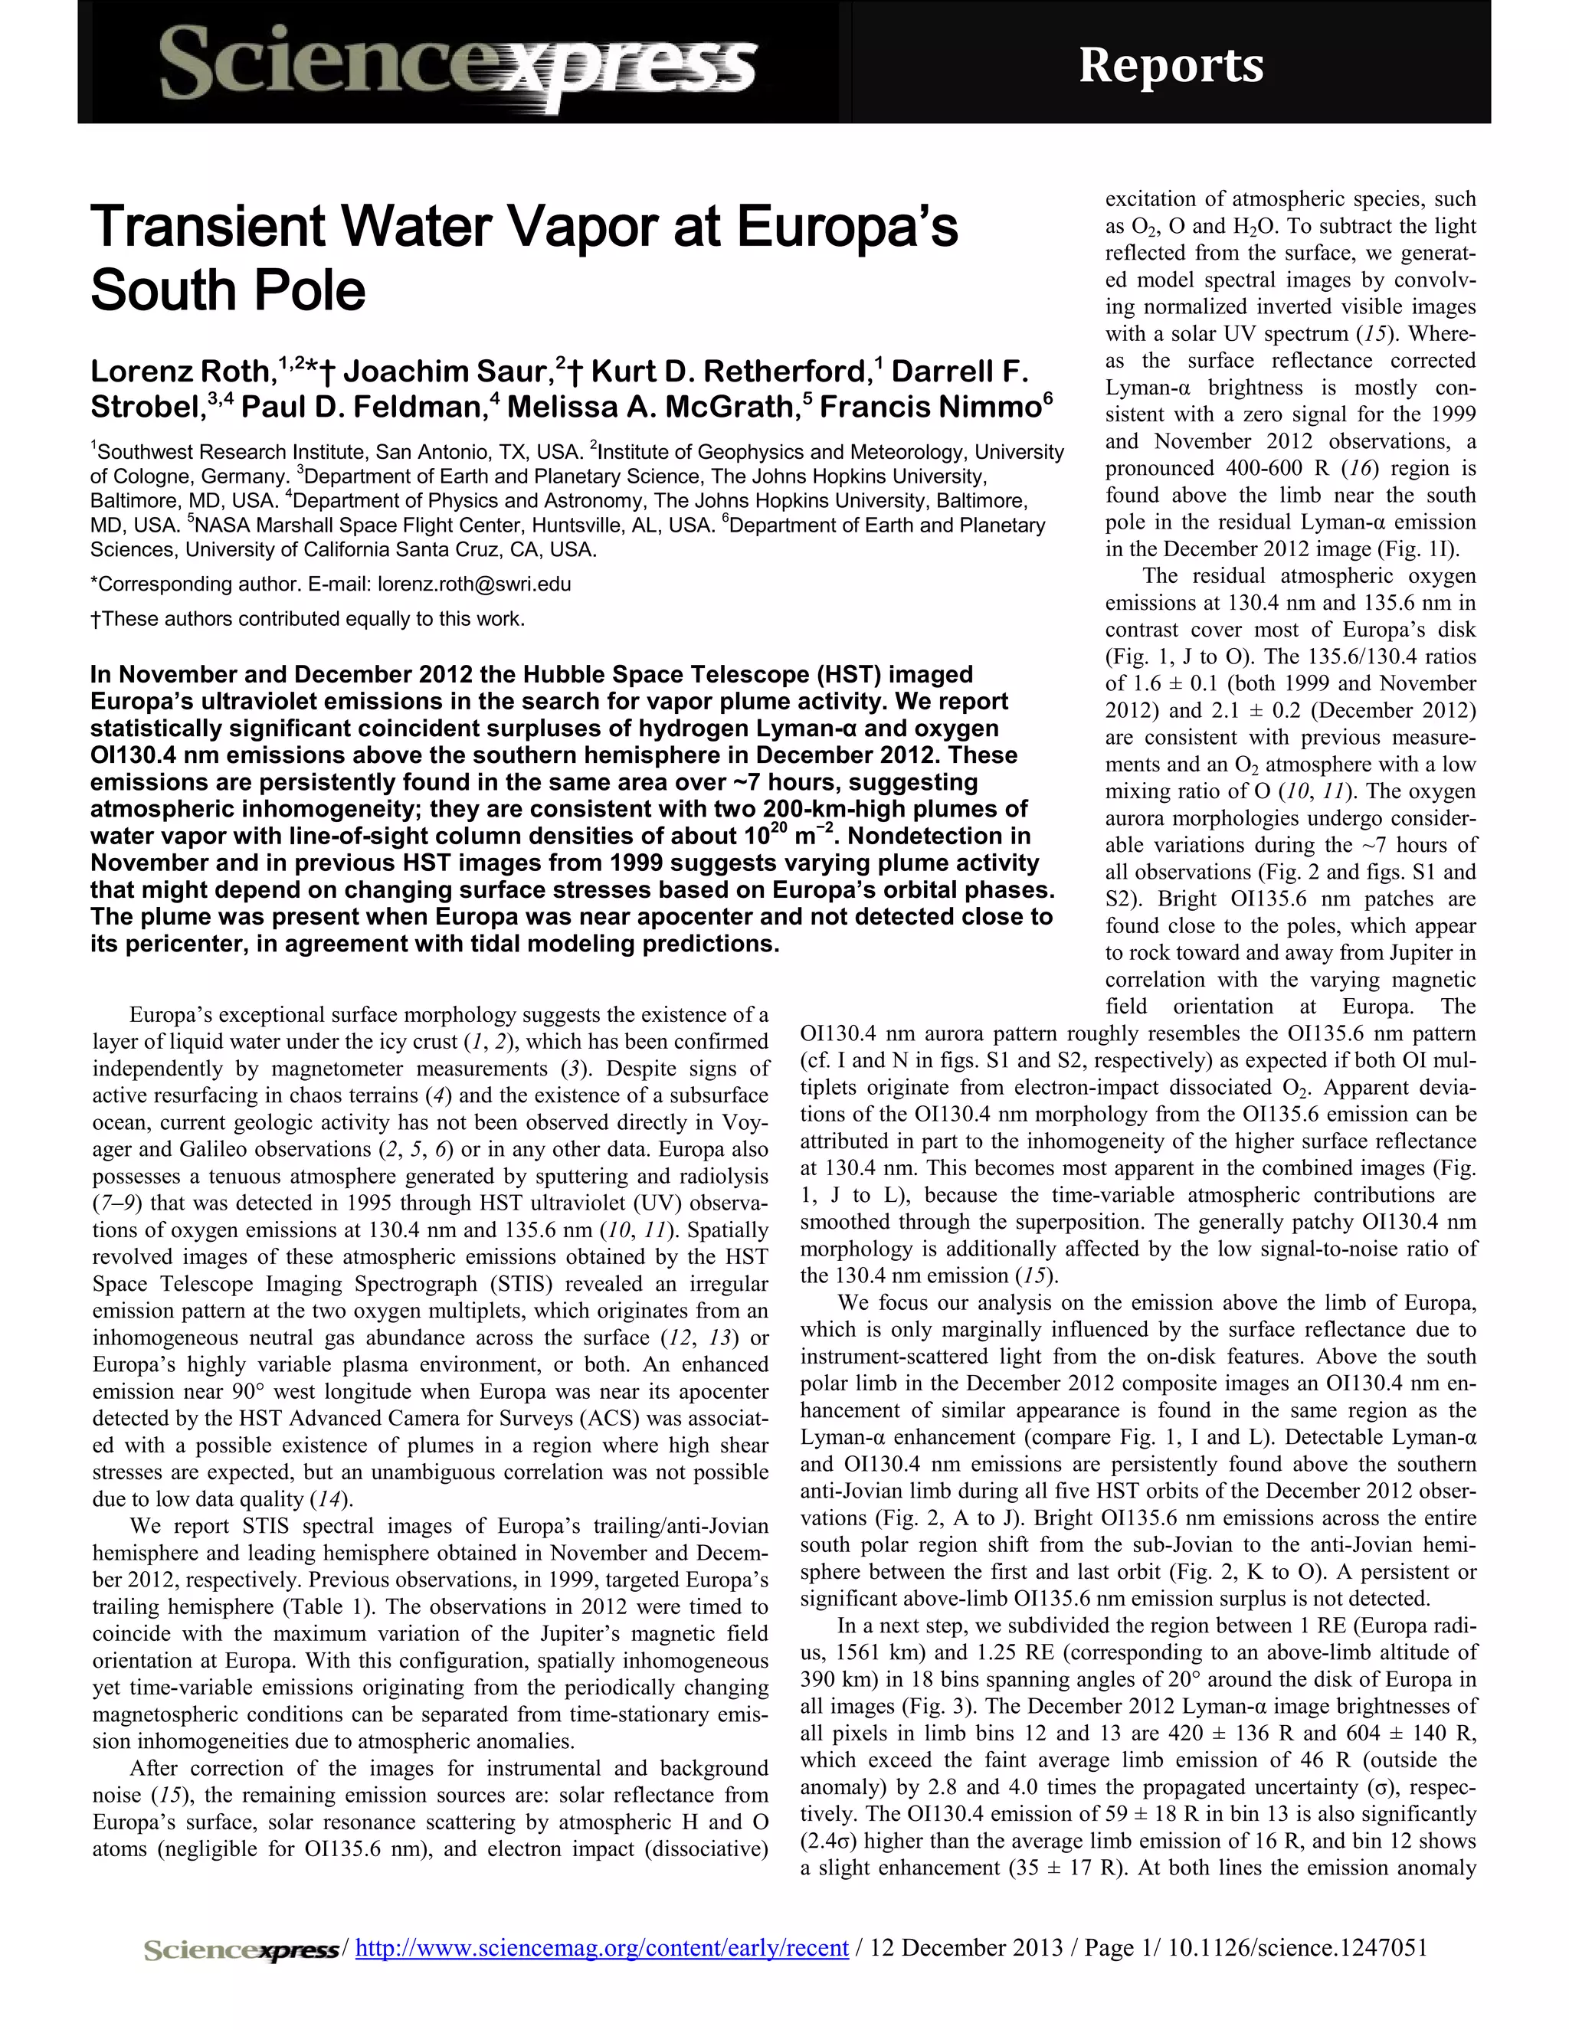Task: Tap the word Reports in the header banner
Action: [1171, 66]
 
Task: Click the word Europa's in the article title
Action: [847, 228]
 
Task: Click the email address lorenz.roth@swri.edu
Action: [474, 584]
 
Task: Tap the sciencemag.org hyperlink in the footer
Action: [601, 1948]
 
